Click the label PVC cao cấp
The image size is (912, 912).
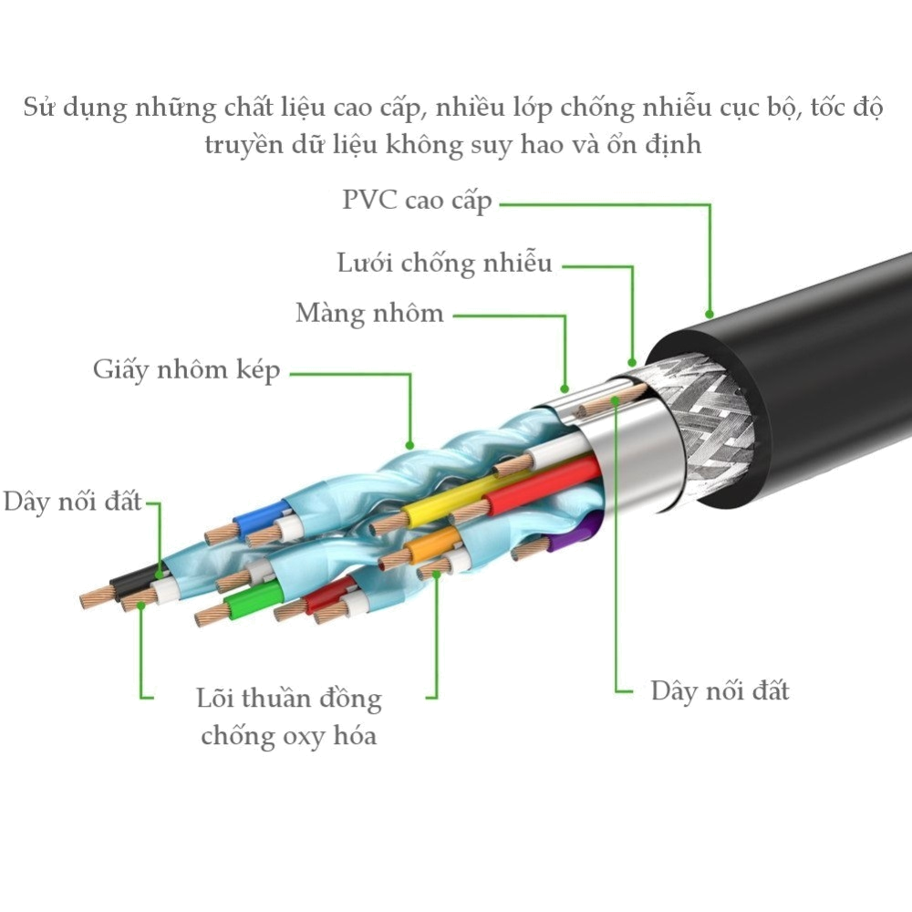[x=417, y=201]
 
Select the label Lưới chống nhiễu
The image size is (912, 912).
[x=444, y=264]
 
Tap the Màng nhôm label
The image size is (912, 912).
[x=369, y=314]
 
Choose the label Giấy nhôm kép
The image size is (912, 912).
[x=187, y=370]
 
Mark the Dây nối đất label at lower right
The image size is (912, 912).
[x=720, y=690]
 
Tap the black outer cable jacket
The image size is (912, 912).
[x=821, y=365]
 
